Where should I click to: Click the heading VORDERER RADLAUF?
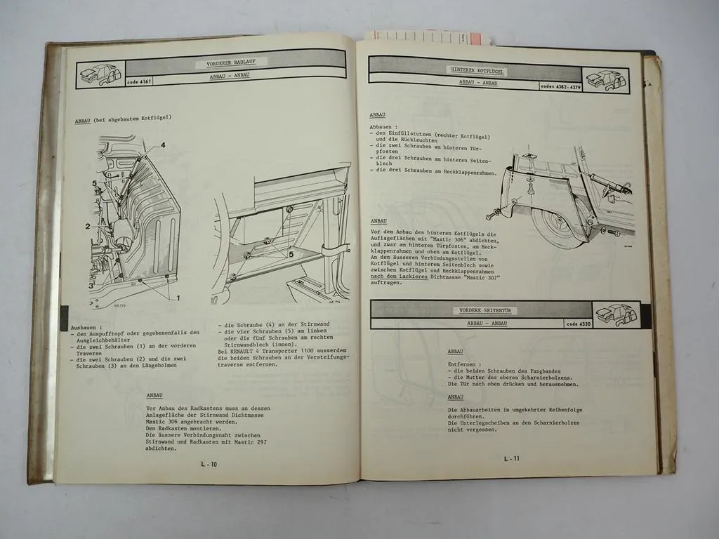(231, 63)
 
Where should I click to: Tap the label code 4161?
(100, 82)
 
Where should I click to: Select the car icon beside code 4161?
(100, 70)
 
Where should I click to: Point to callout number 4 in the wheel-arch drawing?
(162, 145)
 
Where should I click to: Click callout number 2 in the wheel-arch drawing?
(88, 226)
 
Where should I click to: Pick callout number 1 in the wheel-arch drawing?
(178, 298)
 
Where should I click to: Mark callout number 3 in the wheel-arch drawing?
(91, 286)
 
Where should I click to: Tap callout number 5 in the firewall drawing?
(291, 255)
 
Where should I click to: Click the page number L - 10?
(209, 464)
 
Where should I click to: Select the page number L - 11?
(512, 459)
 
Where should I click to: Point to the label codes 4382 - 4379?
(560, 87)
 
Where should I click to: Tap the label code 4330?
(578, 324)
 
